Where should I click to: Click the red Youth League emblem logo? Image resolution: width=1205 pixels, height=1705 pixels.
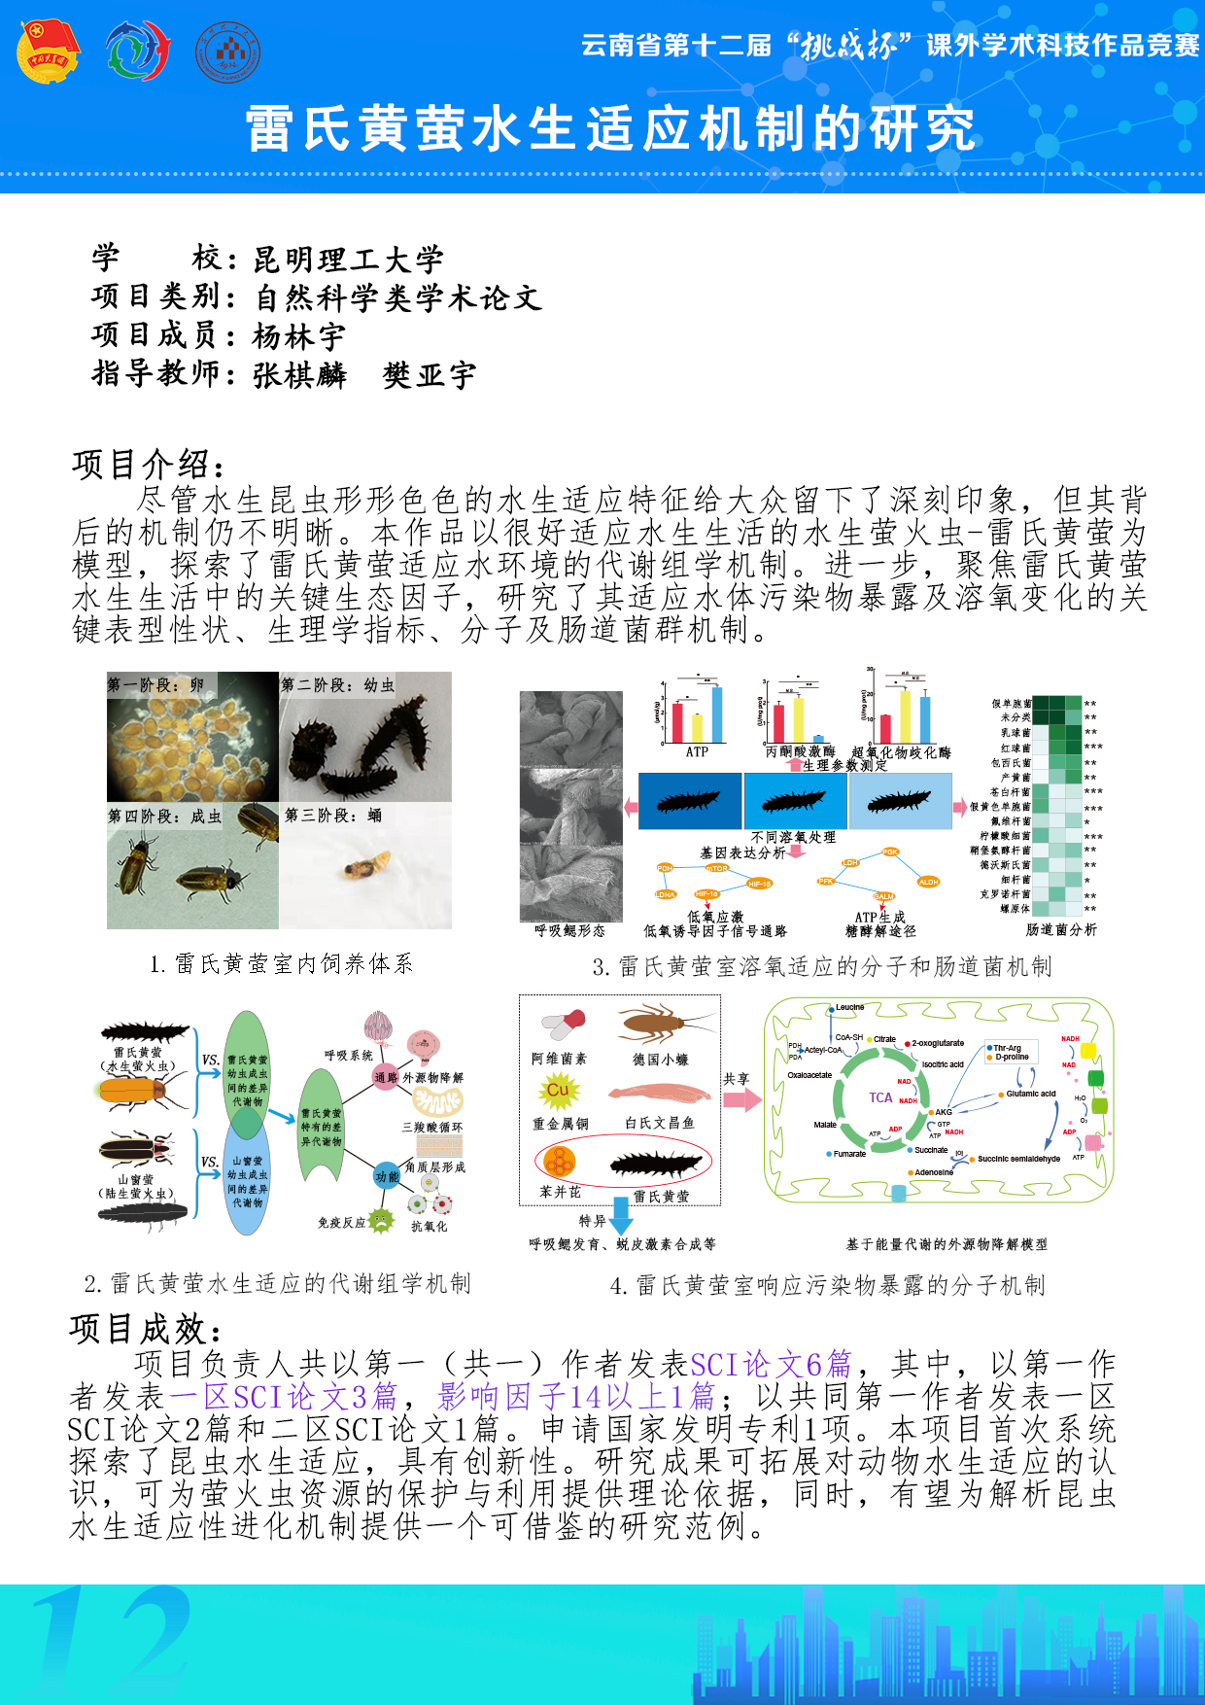[x=48, y=52]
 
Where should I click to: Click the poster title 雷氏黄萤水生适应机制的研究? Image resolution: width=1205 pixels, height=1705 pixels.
[x=610, y=129]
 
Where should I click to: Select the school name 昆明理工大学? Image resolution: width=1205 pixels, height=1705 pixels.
[x=348, y=260]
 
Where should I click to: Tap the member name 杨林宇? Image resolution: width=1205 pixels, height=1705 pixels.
[x=298, y=337]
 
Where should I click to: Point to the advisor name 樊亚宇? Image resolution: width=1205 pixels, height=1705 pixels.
[x=430, y=376]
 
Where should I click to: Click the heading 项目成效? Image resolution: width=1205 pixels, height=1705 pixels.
[x=146, y=1329]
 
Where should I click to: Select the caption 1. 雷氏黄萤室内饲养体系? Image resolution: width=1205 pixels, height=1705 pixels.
[x=282, y=963]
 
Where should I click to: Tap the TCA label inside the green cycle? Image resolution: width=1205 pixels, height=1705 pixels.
[x=880, y=1097]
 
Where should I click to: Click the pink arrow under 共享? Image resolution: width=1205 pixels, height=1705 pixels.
[x=742, y=1099]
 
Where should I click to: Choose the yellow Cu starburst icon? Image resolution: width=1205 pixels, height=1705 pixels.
[x=558, y=1091]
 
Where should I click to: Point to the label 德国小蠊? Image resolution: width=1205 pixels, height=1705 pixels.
[x=661, y=1060]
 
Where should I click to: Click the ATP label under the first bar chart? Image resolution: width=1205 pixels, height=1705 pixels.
[x=697, y=751]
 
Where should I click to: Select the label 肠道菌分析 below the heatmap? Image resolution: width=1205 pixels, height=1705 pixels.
[x=1061, y=930]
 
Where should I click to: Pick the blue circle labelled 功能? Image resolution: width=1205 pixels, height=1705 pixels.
[x=387, y=1177]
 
